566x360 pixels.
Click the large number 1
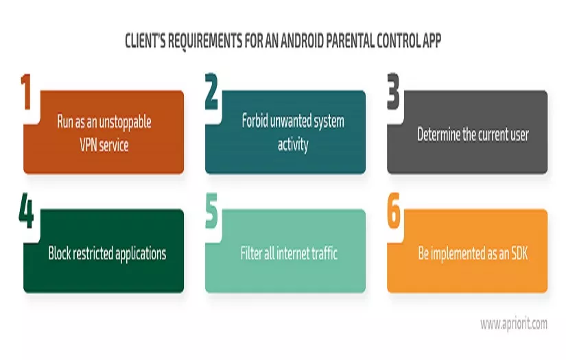click(x=27, y=94)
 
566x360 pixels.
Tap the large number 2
click(x=211, y=94)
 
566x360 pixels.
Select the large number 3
click(x=393, y=94)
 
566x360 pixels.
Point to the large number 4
click(x=26, y=214)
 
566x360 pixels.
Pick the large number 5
click(x=211, y=214)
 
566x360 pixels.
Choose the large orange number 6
click(x=393, y=214)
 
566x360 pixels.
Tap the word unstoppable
click(x=121, y=122)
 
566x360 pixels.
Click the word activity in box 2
click(x=293, y=145)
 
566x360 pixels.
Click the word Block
click(x=60, y=253)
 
